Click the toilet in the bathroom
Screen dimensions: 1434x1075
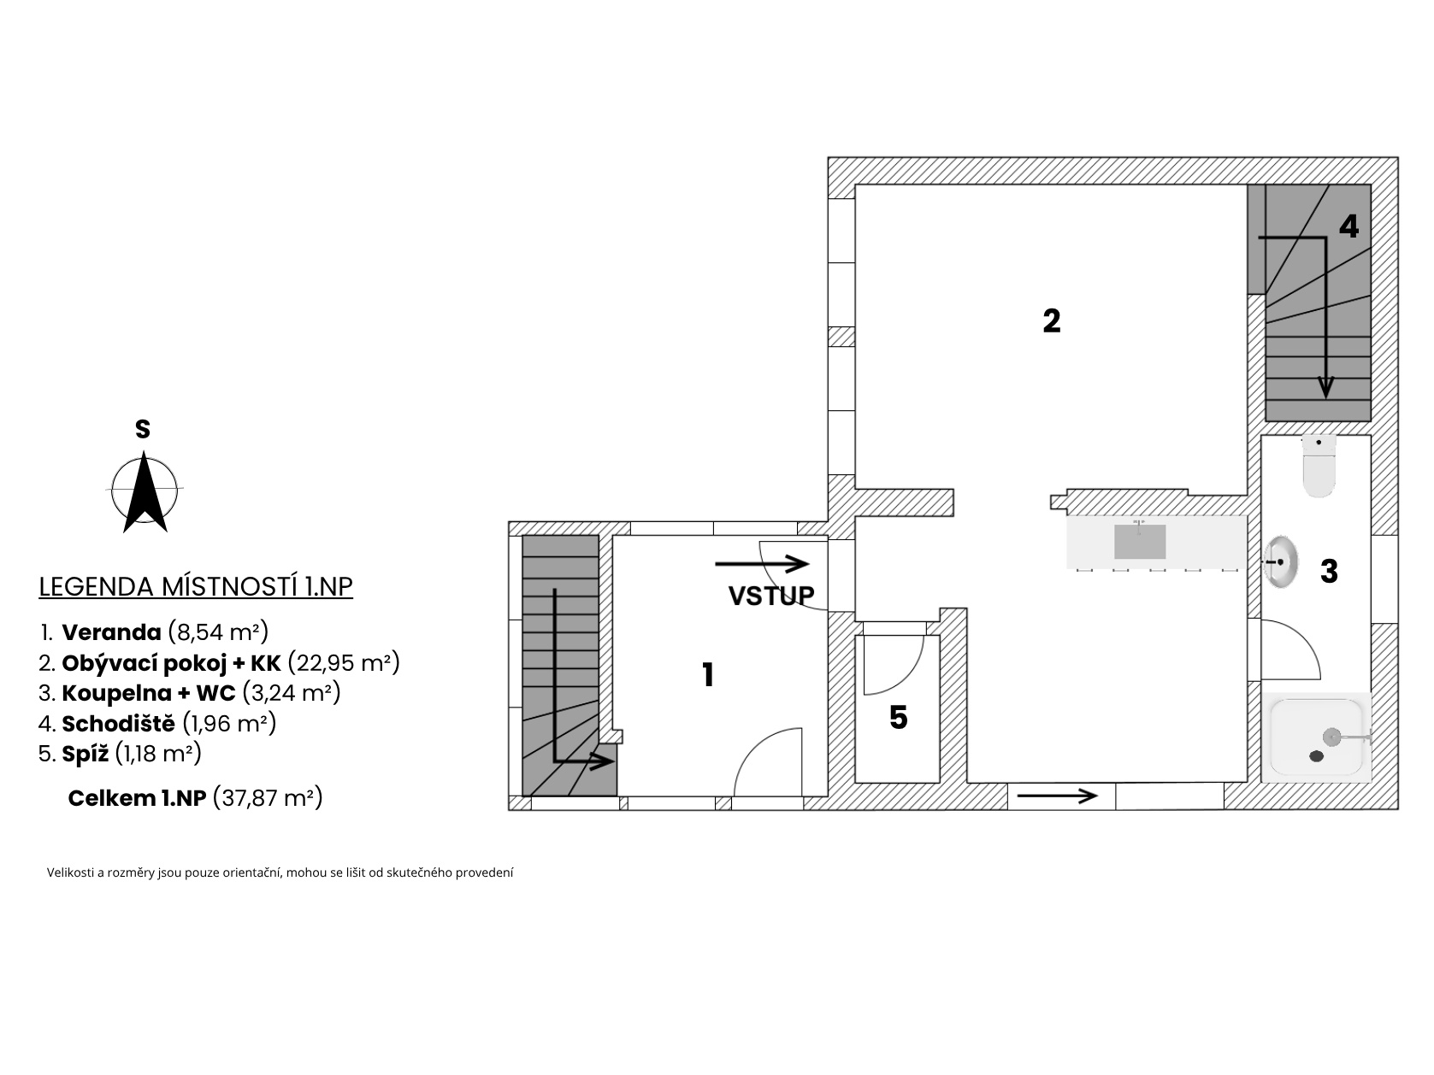[1319, 466]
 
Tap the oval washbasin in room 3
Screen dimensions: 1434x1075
[1280, 561]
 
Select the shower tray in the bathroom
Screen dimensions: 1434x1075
[1315, 737]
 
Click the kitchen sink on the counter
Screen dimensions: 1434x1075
[1139, 541]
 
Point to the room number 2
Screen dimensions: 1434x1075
[1051, 320]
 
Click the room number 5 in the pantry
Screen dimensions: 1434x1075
[899, 717]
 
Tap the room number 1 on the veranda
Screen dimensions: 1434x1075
[707, 675]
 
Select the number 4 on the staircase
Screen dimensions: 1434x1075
[1349, 226]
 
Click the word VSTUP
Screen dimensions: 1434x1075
[771, 596]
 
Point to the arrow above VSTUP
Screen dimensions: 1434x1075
[762, 563]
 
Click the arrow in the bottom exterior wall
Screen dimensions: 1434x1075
[1057, 796]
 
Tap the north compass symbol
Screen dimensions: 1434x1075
[145, 491]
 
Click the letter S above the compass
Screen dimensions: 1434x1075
[143, 429]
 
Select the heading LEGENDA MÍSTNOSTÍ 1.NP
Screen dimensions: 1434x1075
[196, 586]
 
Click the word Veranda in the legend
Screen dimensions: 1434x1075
[112, 631]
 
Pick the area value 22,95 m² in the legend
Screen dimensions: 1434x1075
[344, 662]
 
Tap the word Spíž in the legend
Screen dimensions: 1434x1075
[86, 754]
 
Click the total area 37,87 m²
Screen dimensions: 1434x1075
[268, 798]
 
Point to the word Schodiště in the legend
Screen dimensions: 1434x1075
[119, 723]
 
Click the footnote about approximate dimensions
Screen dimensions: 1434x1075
[280, 872]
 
